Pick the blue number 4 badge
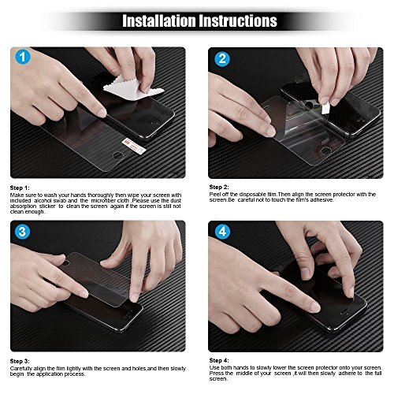222,232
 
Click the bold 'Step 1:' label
21,188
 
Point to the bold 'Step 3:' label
21,359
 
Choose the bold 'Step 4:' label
220,359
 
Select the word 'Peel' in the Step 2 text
215,194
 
